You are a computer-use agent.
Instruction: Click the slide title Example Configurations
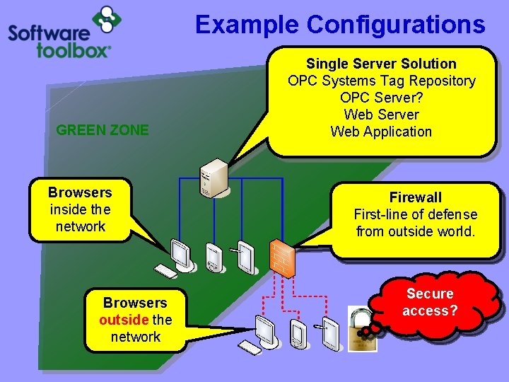coord(340,24)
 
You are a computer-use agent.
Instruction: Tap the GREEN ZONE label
coord(103,129)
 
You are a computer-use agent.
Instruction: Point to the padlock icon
coord(362,328)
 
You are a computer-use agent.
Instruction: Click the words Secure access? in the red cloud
coord(430,302)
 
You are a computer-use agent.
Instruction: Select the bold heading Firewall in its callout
coord(415,197)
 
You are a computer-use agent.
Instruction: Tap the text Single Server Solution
coord(381,64)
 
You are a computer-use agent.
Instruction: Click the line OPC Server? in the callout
coord(381,98)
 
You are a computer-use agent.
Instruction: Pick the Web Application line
coord(381,132)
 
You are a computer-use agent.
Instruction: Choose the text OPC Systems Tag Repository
coord(381,81)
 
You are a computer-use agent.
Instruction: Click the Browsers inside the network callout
coord(80,209)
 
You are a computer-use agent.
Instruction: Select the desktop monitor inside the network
coord(181,255)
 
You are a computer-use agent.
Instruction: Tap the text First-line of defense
coord(415,214)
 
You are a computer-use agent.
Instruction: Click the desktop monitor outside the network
coord(266,328)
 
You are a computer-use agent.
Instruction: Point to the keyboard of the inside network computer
coord(165,272)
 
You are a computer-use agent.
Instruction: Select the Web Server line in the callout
coord(381,115)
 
